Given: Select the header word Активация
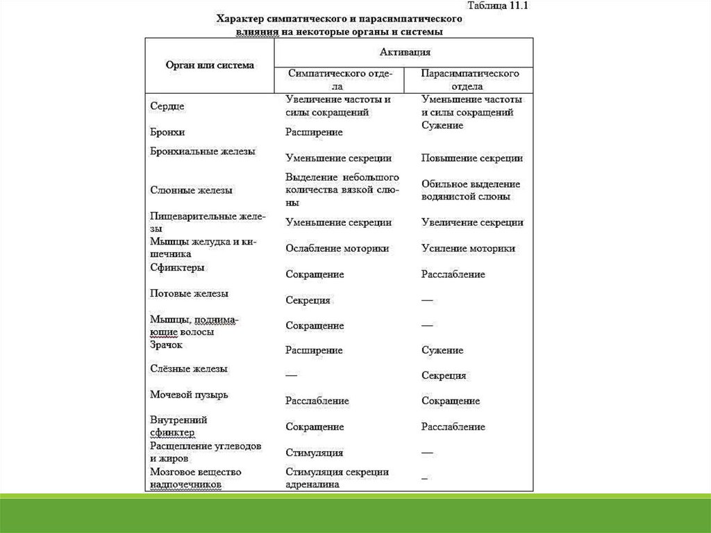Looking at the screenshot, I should point(405,51).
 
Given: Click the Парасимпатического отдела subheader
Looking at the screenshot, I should point(471,80).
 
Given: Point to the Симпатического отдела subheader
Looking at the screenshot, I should point(340,80).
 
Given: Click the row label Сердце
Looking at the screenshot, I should point(167,106).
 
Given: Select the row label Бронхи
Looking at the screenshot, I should point(167,131).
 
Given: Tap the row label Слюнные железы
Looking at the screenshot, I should point(191,190).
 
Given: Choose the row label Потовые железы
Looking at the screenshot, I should point(189,294).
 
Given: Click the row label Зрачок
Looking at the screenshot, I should point(167,345).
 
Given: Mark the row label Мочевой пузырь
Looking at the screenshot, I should point(189,395).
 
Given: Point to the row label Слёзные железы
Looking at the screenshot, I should point(189,369).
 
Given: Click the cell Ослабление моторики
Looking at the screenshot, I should point(337,248).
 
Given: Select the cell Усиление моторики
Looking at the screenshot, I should point(468,248).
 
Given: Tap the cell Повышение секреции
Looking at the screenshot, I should point(471,158).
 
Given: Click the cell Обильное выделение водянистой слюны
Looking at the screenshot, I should point(470,190).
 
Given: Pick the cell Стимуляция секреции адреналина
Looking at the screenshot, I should point(337,478).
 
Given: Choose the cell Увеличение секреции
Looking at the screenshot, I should point(472,222).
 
